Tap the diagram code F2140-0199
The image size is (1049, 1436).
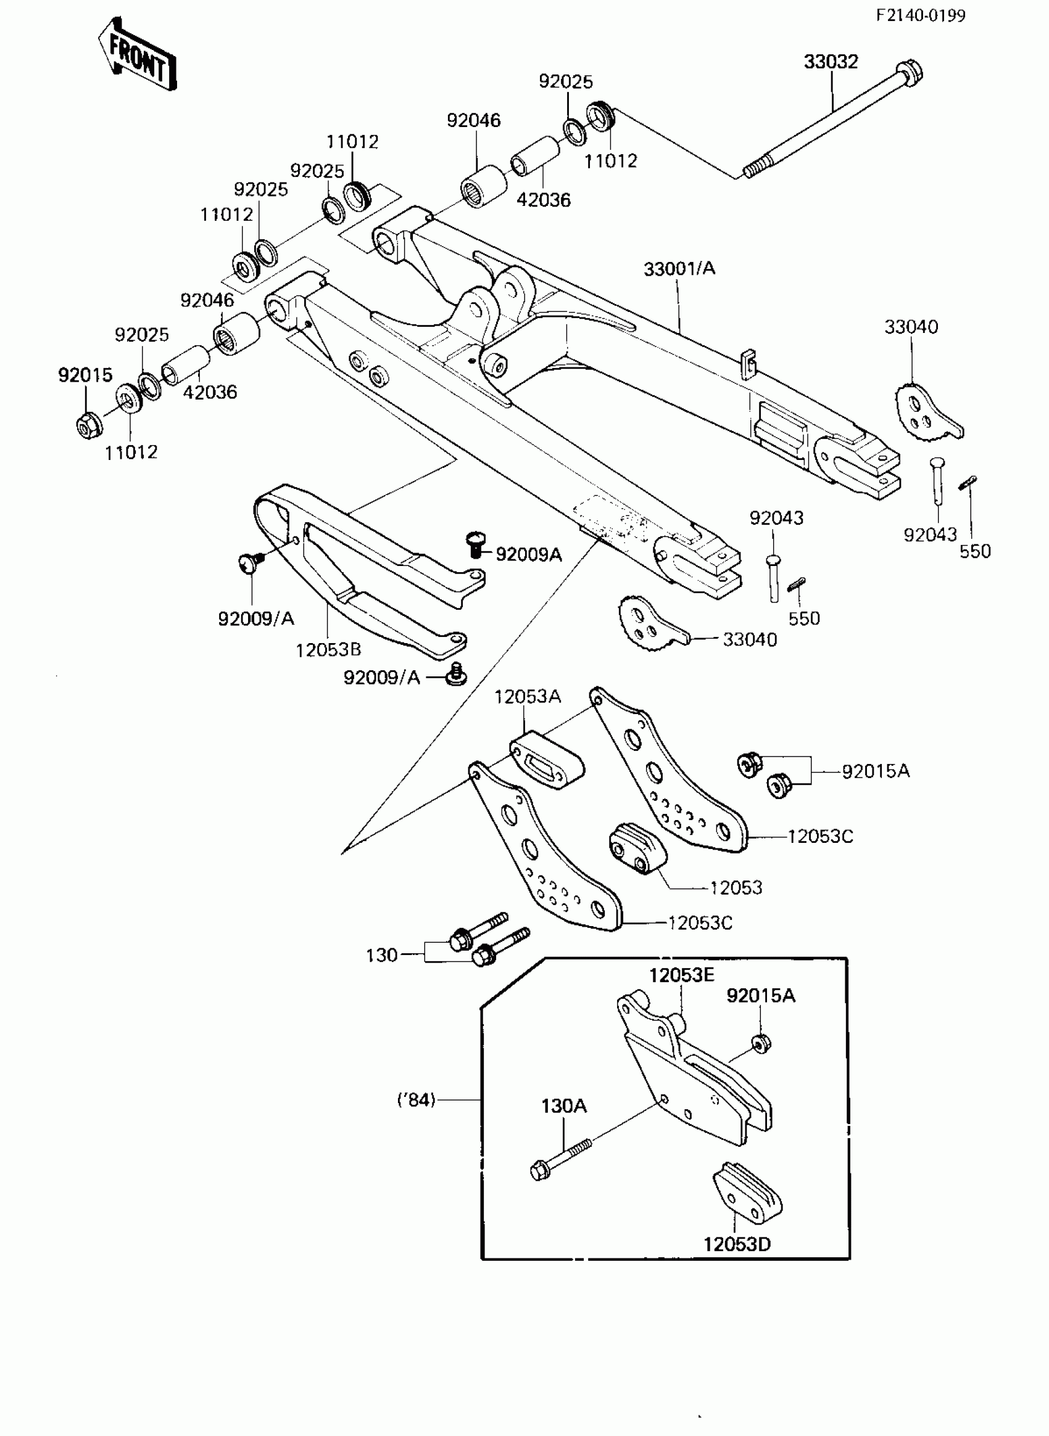[x=920, y=16]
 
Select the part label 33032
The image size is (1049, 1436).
[x=831, y=62]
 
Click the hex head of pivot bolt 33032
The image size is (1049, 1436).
[x=910, y=73]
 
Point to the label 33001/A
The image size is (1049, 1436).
[x=679, y=269]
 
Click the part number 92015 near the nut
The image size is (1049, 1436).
[x=85, y=375]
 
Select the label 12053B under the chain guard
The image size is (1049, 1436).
[x=328, y=650]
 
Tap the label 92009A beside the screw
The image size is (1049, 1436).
[x=528, y=554]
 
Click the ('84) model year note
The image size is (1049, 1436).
[x=417, y=1100]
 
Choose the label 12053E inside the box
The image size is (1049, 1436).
[x=681, y=975]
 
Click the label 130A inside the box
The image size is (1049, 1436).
[x=564, y=1106]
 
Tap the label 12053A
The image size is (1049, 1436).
[x=527, y=697]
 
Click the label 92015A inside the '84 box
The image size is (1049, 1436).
[x=760, y=996]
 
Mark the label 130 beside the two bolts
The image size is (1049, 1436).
[x=381, y=955]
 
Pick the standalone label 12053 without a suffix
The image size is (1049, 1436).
[x=736, y=887]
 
